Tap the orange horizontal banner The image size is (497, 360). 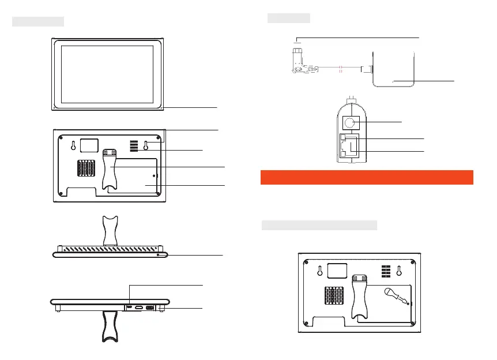(367, 177)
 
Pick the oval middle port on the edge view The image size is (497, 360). (140, 308)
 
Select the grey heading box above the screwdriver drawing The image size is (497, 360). (319, 225)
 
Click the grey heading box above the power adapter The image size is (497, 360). (289, 18)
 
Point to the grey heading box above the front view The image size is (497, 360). (38, 22)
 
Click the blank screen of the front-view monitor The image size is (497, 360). (107, 73)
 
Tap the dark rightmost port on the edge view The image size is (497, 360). (150, 308)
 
